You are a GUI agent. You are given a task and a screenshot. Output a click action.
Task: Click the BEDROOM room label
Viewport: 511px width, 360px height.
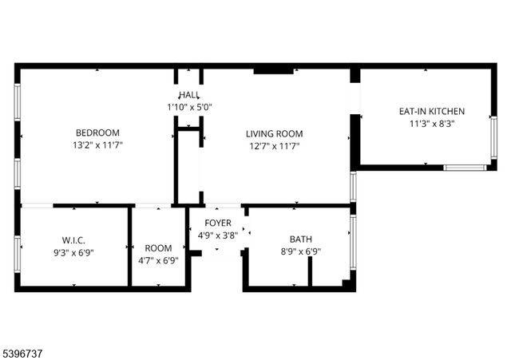point(97,133)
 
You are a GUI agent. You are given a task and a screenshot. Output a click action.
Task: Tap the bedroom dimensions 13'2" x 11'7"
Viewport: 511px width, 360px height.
point(97,145)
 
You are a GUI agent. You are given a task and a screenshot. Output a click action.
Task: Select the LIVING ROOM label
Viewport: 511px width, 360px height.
point(274,133)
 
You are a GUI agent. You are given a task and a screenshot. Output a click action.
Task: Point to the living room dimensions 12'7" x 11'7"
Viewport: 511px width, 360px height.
point(274,146)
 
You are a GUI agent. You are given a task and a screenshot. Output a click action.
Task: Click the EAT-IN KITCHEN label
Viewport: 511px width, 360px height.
point(432,111)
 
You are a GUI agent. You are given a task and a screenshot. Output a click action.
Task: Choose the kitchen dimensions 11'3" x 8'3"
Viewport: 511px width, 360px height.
point(432,124)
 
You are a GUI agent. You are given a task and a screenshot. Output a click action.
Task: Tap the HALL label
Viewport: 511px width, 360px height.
point(189,95)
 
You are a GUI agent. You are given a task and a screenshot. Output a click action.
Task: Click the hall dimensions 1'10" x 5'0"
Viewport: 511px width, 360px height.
point(189,107)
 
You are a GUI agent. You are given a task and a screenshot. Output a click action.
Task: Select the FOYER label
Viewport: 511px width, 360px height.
point(218,223)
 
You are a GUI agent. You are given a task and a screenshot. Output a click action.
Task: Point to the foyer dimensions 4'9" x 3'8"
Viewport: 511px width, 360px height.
point(218,235)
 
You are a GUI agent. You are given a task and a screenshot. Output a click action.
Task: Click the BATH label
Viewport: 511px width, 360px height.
point(301,239)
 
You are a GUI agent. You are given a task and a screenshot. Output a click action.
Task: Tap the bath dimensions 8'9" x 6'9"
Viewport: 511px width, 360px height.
point(301,251)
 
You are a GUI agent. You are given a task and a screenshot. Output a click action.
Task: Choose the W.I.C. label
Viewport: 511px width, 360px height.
point(73,240)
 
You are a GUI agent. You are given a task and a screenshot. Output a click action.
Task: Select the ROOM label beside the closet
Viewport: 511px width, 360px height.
point(158,247)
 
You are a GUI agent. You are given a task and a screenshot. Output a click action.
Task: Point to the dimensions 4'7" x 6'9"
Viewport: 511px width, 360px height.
point(158,260)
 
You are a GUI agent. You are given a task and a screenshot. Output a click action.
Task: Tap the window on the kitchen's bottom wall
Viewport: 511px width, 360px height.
point(464,168)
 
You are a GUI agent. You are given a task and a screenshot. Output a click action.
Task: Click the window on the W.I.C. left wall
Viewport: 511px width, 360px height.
point(17,251)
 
